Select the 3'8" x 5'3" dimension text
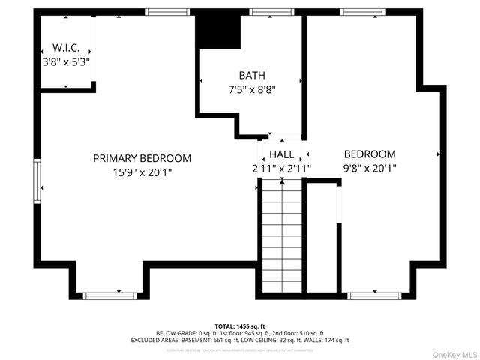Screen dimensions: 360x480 66,61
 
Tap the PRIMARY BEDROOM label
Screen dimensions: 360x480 142,158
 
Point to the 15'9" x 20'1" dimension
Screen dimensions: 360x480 142,172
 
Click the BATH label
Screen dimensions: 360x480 252,75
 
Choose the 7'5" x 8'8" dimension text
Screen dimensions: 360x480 252,89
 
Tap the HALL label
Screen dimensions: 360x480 281,154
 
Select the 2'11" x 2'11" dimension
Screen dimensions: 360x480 281,169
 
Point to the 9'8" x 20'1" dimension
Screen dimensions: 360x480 370,169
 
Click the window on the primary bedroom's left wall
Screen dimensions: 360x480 37,181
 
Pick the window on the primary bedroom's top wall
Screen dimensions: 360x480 166,12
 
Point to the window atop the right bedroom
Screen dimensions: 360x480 363,12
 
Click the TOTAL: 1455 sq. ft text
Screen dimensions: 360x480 240,325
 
